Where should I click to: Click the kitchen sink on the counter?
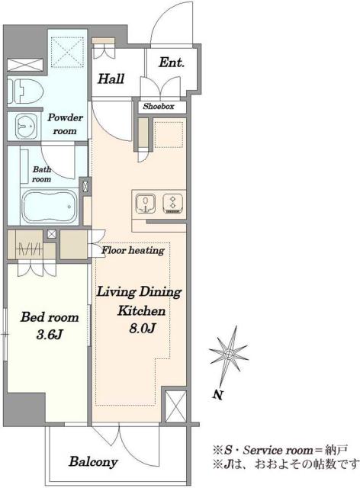(x=146, y=204)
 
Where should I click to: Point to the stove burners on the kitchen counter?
(x=173, y=204)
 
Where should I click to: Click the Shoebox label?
(x=159, y=107)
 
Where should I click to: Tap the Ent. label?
(x=172, y=63)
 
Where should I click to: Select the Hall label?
(x=111, y=79)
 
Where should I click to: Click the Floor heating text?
(x=133, y=250)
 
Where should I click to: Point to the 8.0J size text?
(x=142, y=329)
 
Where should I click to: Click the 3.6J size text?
(x=50, y=335)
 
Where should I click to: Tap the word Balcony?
(x=93, y=461)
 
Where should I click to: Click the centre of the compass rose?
(x=229, y=354)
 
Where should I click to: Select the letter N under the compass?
(x=218, y=395)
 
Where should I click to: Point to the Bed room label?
(x=50, y=317)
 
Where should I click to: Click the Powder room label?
(x=65, y=124)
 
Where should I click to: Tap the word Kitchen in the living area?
(x=141, y=311)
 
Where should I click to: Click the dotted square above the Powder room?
(x=68, y=53)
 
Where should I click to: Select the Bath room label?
(x=42, y=175)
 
